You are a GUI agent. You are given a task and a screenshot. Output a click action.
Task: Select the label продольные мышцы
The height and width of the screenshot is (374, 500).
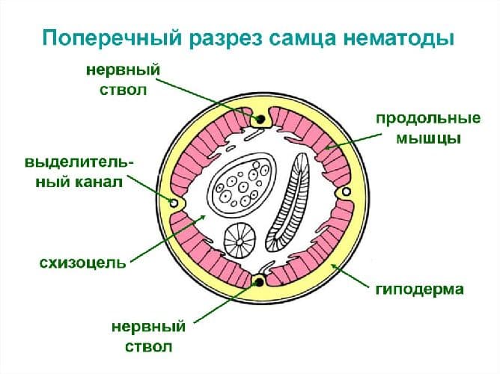(416, 128)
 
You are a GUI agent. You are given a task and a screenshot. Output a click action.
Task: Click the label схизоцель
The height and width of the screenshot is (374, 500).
(73, 263)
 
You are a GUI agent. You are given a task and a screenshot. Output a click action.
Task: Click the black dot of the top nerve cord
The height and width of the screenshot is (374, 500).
(259, 119)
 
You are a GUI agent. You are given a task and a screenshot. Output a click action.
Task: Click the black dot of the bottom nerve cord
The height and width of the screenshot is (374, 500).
(259, 282)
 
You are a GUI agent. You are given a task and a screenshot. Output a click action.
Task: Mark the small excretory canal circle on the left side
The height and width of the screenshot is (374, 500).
(174, 203)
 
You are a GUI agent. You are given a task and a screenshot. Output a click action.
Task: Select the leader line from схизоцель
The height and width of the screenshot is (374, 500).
(168, 239)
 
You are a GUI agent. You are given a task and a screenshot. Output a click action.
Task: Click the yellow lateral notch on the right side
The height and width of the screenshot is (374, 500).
(345, 194)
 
